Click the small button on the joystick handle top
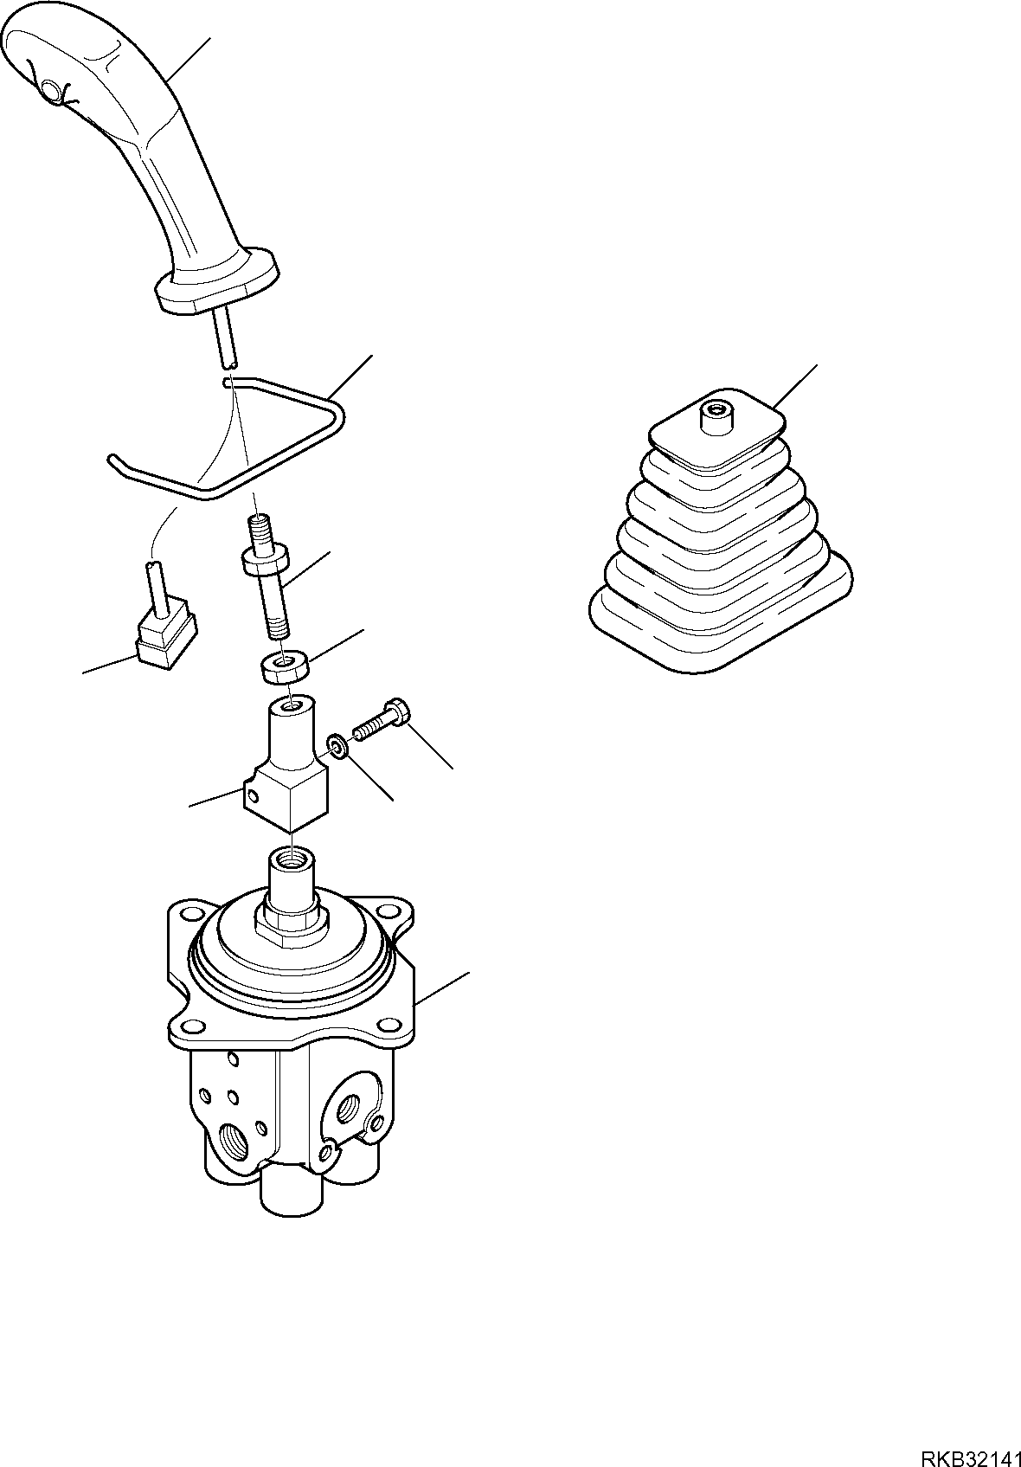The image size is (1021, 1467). click(50, 88)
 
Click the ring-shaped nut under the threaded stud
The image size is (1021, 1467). click(286, 667)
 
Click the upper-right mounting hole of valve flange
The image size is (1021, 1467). click(389, 910)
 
